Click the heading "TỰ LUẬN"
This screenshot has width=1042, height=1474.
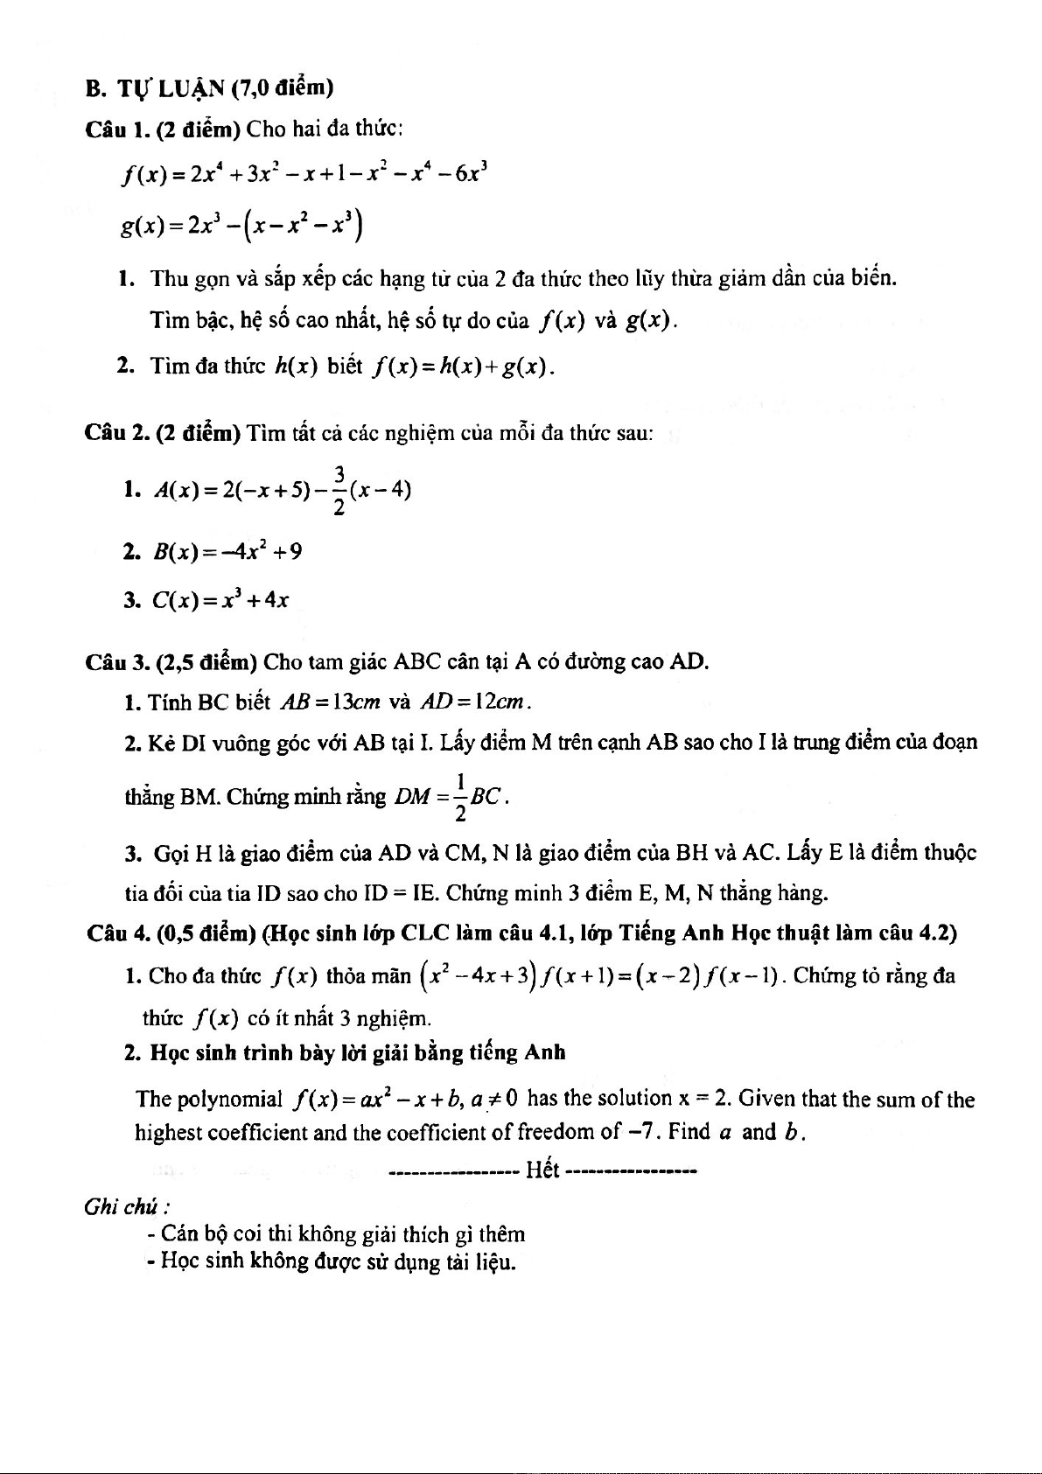[171, 88]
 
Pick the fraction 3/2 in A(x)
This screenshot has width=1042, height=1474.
[339, 488]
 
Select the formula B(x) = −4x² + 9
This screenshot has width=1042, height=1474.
[227, 551]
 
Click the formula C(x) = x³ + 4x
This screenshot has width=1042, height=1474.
[220, 600]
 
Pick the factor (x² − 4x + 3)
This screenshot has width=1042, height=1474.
[478, 975]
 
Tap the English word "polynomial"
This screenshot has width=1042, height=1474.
[229, 1099]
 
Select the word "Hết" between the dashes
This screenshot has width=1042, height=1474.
[542, 1170]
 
